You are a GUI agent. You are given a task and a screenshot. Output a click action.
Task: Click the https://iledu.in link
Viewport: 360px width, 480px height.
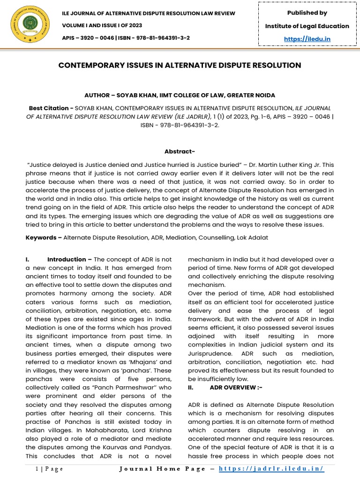click(307, 39)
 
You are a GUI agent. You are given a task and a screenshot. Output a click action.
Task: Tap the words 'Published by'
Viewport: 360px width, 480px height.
click(307, 13)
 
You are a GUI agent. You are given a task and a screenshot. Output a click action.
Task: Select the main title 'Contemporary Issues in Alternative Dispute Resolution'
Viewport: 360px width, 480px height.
click(180, 65)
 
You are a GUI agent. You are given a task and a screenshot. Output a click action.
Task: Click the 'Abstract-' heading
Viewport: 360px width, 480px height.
click(180, 151)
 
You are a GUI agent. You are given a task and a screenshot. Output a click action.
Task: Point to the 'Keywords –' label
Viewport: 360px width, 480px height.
click(44, 238)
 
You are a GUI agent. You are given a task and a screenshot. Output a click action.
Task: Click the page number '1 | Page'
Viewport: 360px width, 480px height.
click(50, 469)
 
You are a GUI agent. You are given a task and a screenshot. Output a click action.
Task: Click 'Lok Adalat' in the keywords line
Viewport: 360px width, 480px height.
click(251, 238)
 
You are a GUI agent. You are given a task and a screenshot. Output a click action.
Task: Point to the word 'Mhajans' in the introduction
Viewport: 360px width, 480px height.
click(140, 345)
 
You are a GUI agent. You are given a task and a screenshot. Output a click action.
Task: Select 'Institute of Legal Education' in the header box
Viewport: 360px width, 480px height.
click(307, 26)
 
